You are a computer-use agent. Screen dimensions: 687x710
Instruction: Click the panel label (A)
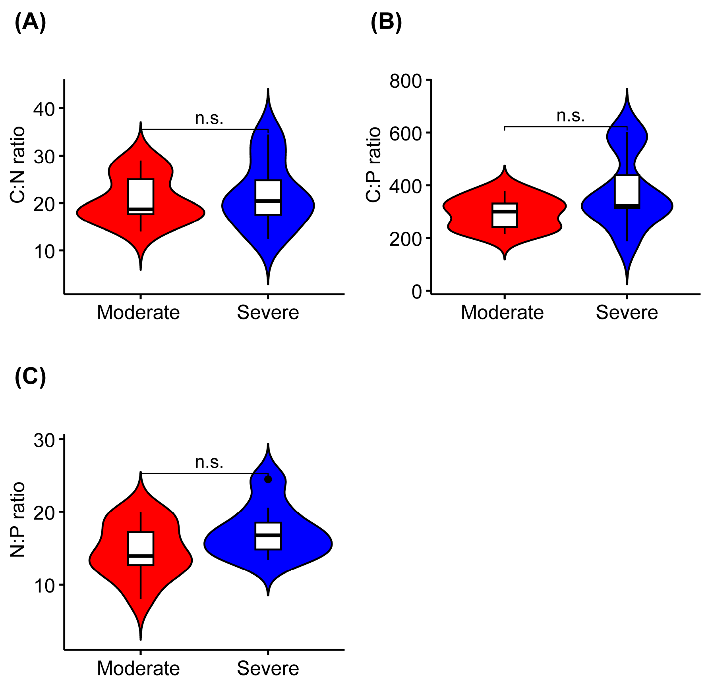pyautogui.click(x=30, y=23)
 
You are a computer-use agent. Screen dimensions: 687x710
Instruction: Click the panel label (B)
pyautogui.click(x=386, y=23)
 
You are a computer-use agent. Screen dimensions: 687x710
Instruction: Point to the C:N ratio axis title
pyautogui.click(x=17, y=165)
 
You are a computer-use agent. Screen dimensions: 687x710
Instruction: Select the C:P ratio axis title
pyautogui.click(x=373, y=165)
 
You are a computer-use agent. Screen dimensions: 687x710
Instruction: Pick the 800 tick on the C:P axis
pyautogui.click(x=405, y=81)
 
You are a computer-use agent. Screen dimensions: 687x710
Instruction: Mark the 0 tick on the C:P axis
pyautogui.click(x=417, y=292)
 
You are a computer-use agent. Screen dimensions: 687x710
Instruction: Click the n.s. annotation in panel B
pyautogui.click(x=571, y=115)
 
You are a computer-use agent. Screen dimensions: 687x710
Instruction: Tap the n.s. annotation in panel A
pyautogui.click(x=209, y=118)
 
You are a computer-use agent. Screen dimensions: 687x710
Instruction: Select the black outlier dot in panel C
pyautogui.click(x=268, y=480)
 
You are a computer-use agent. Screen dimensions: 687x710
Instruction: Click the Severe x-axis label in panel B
pyautogui.click(x=627, y=313)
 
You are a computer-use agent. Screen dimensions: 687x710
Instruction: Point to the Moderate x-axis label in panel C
pyautogui.click(x=138, y=668)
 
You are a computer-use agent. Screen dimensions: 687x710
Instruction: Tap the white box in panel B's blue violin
pyautogui.click(x=627, y=190)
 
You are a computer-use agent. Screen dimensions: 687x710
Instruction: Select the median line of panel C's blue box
pyautogui.click(x=268, y=535)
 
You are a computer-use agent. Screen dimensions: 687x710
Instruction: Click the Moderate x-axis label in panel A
pyautogui.click(x=138, y=313)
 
